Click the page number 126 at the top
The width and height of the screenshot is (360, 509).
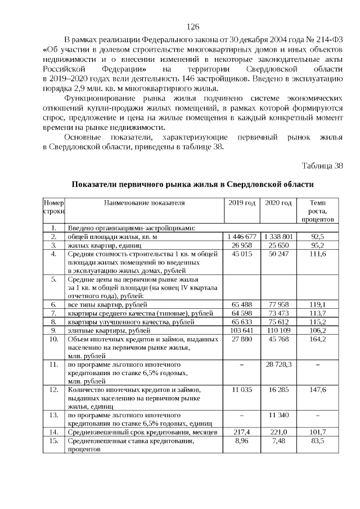pos(193,27)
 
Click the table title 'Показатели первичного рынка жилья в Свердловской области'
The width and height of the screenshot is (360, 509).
pos(192,184)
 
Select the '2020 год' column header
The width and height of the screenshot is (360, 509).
pos(278,203)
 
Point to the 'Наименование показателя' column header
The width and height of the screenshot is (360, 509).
pos(144,203)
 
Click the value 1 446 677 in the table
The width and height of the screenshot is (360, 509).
pos(242,237)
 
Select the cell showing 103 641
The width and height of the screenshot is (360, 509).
pos(242,330)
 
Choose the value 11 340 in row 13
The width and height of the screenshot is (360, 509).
pos(278,415)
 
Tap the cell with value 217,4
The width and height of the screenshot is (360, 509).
pos(242,431)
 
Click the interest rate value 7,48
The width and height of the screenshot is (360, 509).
pos(278,440)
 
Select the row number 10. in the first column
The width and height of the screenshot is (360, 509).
pos(54,339)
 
